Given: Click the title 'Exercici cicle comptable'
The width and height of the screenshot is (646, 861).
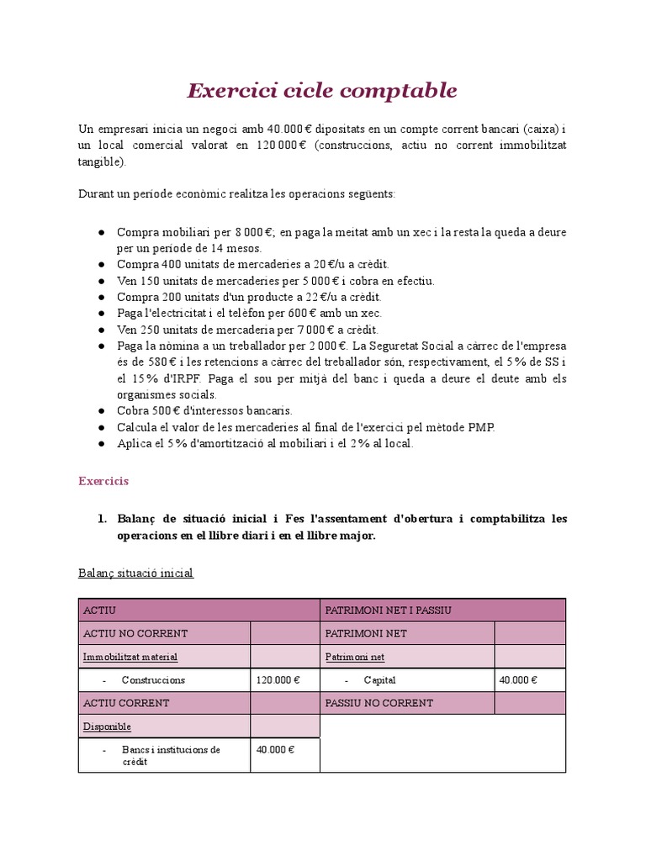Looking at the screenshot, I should (322, 90).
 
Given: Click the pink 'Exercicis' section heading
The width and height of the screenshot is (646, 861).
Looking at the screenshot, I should (103, 481).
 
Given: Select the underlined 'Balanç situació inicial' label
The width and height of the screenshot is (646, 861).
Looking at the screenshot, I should (135, 573).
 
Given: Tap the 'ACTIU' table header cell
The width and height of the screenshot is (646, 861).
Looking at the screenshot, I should (99, 610).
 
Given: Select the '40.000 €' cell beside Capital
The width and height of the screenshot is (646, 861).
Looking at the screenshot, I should (518, 679).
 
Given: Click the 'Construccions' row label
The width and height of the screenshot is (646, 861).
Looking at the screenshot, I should (153, 679).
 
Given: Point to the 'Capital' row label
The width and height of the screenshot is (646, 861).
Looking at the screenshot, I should (379, 679).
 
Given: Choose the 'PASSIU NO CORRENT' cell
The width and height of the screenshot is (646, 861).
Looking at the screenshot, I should (379, 703).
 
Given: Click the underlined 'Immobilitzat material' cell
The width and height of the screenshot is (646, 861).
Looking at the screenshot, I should (130, 656).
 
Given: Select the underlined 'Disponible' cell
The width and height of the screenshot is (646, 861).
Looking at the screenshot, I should (107, 726).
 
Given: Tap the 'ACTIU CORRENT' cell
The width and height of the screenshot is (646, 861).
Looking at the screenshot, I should (126, 703).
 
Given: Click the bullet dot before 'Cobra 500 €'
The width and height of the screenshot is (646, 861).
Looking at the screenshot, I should (101, 411).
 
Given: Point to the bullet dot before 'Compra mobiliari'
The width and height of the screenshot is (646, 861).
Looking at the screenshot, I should (101, 232).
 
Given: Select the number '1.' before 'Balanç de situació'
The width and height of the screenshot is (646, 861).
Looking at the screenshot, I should (101, 519).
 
